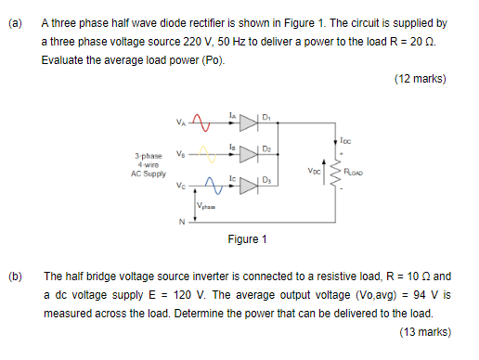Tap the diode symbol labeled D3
coord(247,184)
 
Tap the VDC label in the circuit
coord(312,173)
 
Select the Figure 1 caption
coord(247,239)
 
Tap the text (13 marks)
coord(420,331)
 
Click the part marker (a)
coord(16,21)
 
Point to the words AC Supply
coord(149,172)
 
